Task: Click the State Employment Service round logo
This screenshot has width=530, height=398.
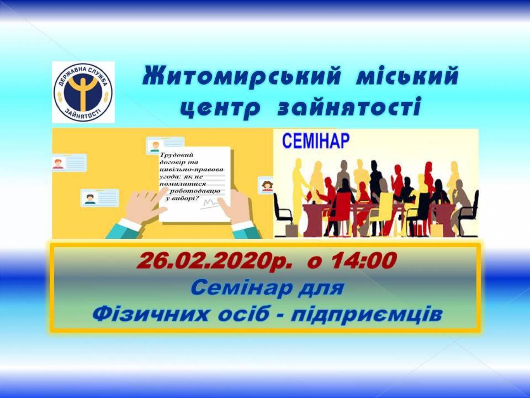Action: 83,92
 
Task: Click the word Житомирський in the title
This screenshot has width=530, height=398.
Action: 241,76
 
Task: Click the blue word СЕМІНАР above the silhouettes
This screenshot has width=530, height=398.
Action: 315,141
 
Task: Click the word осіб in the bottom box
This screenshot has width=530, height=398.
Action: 243,314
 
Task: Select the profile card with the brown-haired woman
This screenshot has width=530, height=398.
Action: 266,185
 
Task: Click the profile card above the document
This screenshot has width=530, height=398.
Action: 165,145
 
